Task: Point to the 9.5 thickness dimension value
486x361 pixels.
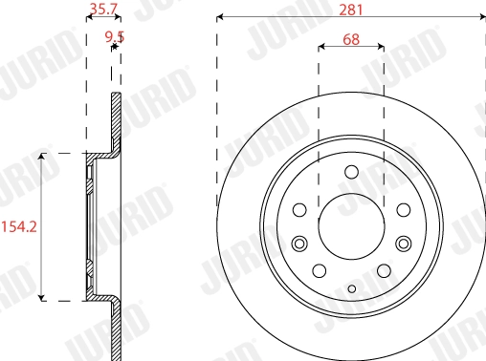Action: tap(115, 37)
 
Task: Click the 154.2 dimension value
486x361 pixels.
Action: tap(18, 226)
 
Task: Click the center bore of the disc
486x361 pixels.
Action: tap(351, 226)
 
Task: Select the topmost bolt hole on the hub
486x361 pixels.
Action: tap(351, 173)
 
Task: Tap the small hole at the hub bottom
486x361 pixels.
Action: tap(351, 288)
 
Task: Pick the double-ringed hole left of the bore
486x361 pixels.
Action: tap(299, 243)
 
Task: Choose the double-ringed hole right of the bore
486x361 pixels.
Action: tap(403, 243)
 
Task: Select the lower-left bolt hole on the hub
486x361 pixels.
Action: tap(320, 271)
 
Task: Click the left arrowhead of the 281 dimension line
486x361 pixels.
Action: tap(221, 16)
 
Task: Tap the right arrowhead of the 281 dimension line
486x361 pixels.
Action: tap(481, 16)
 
